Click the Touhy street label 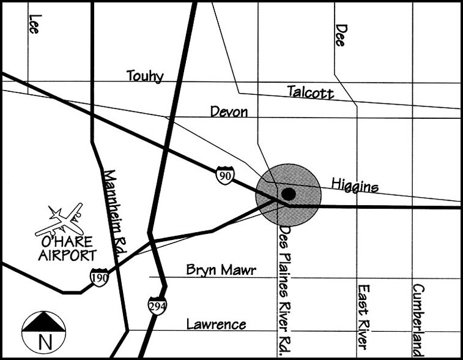(145, 76)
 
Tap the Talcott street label (311, 92)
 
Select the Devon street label (229, 112)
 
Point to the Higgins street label (355, 185)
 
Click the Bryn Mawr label (221, 270)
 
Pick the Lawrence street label (216, 324)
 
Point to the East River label (363, 315)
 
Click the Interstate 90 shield (224, 176)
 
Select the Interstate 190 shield (99, 277)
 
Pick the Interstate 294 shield (157, 306)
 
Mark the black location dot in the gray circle (289, 195)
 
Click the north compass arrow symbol (43, 324)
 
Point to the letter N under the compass (43, 340)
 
